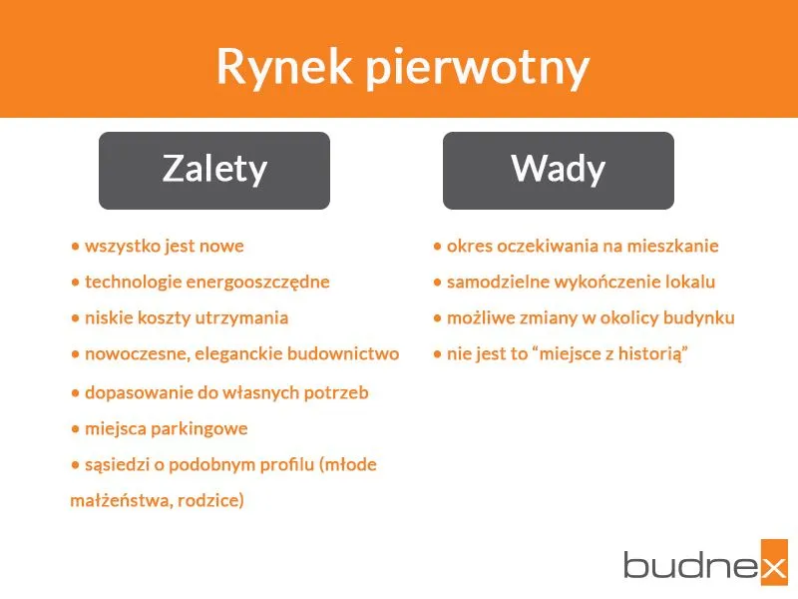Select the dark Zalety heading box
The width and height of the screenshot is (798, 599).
[214, 170]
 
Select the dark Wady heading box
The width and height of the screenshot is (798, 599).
[558, 170]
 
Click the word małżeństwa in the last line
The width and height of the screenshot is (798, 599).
[118, 501]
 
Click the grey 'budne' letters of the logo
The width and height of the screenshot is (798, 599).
[684, 563]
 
